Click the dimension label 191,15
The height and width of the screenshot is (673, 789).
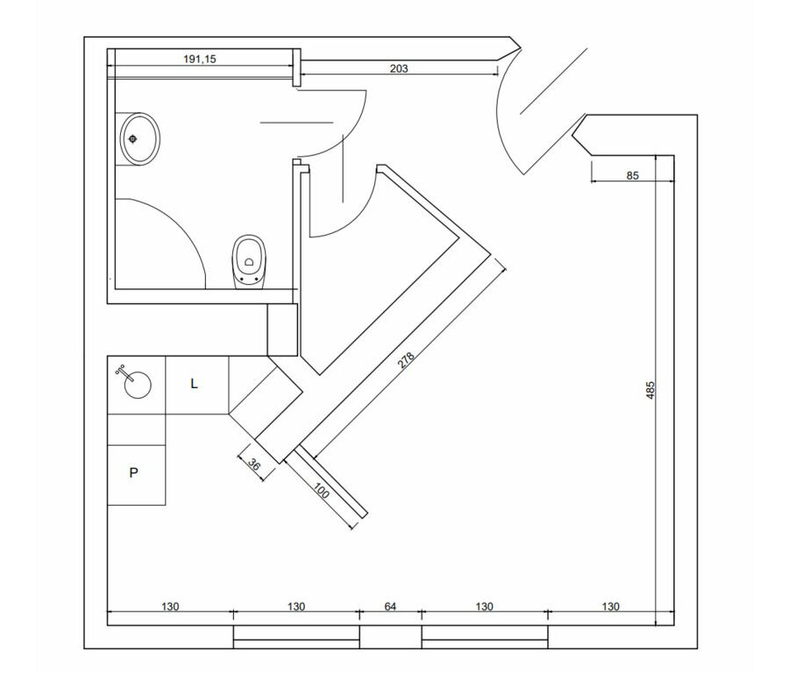(x=199, y=59)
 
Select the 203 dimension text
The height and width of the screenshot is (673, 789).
(x=399, y=68)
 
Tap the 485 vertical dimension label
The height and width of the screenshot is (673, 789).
(x=650, y=390)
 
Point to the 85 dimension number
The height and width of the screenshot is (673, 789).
(x=632, y=175)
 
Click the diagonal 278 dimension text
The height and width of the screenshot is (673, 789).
(x=406, y=360)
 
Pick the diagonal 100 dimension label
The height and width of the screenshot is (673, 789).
(x=321, y=491)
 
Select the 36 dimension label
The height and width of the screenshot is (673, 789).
(x=255, y=465)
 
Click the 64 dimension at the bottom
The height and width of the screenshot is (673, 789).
(x=390, y=606)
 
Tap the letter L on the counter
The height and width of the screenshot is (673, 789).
(x=195, y=384)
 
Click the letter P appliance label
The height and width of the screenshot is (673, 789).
(x=133, y=472)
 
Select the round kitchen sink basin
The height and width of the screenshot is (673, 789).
(x=138, y=386)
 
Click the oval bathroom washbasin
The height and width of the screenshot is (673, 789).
(x=140, y=138)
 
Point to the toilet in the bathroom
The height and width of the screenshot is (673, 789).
(x=249, y=262)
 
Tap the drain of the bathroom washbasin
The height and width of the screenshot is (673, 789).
(x=133, y=138)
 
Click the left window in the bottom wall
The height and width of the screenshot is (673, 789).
(x=296, y=637)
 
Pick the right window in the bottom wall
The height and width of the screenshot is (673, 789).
(x=485, y=637)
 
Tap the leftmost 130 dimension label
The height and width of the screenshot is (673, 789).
(x=170, y=606)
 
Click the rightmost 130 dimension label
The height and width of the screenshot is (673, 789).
(x=610, y=606)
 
